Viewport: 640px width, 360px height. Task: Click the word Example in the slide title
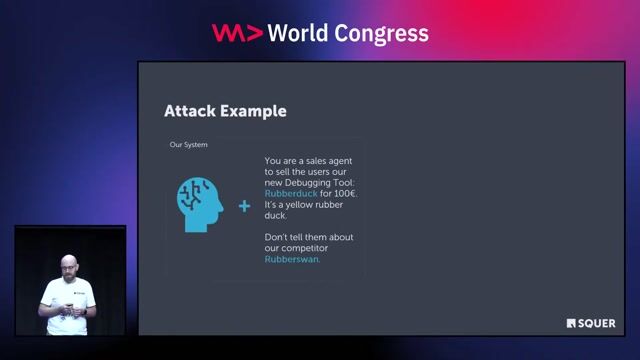click(x=252, y=111)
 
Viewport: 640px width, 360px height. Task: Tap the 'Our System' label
click(x=189, y=145)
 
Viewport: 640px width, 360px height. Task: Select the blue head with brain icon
click(x=198, y=205)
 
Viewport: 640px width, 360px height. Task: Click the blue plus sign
click(x=244, y=206)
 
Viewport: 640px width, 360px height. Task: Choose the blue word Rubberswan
click(x=292, y=260)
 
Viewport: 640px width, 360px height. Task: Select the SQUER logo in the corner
click(x=591, y=323)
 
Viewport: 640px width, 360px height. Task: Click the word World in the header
click(x=304, y=33)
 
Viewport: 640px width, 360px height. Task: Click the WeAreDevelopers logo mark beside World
click(x=238, y=33)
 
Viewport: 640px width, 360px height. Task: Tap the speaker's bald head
click(x=68, y=265)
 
